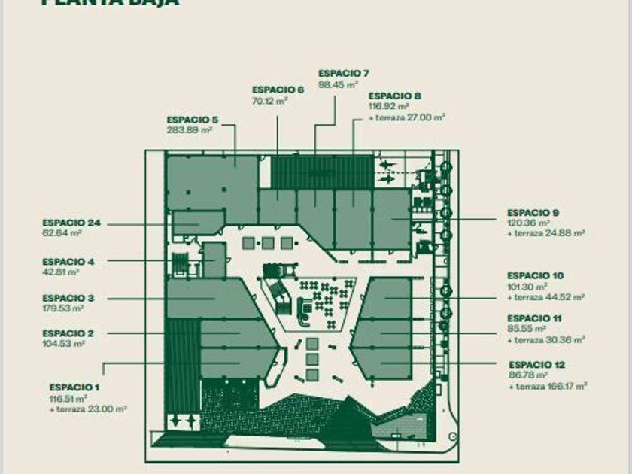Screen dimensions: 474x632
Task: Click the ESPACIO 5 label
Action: coord(192,120)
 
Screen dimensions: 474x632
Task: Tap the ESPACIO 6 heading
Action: coord(278,90)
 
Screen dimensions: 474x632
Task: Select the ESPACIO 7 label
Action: coord(343,73)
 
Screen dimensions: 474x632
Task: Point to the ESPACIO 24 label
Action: coord(71,223)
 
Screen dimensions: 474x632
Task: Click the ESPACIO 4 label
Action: coord(68,262)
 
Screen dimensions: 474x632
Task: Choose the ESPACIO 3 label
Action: coord(68,299)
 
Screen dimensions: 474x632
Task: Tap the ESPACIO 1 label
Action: coord(75,387)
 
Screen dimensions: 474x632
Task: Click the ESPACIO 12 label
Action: coord(536,365)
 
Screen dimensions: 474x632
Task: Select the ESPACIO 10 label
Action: coord(535,276)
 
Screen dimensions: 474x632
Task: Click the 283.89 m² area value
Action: coord(189,129)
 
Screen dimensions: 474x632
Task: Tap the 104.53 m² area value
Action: coord(63,343)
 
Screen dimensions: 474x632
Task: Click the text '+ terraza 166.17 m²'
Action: coord(548,386)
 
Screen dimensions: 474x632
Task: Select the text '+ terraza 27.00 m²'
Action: coord(407,117)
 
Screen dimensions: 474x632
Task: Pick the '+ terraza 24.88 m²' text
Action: coord(546,234)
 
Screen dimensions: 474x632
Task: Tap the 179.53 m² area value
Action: coord(63,308)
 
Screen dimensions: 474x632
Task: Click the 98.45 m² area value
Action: coord(336,84)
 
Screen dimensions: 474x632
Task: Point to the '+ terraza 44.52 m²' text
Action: coord(546,297)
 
